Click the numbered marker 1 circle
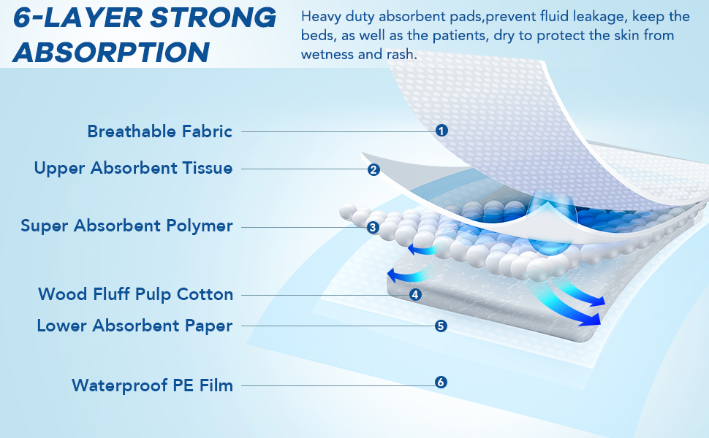click(441, 131)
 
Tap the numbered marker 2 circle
click(374, 169)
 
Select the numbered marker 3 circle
click(373, 227)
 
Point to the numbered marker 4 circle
click(415, 294)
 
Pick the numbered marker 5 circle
click(441, 326)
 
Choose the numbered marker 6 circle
click(441, 382)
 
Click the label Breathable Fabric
click(159, 131)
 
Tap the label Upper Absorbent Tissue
click(133, 168)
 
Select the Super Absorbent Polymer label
click(126, 226)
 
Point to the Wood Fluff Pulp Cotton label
click(136, 294)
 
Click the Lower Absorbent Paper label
click(134, 326)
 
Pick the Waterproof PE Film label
click(152, 385)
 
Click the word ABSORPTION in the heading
click(111, 52)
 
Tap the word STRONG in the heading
click(213, 18)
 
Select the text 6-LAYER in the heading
click(77, 18)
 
